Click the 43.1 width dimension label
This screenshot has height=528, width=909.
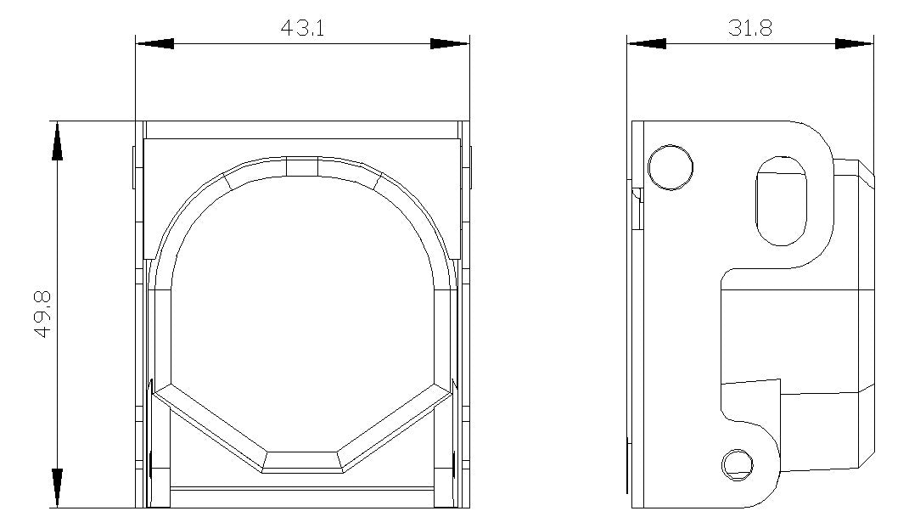pos(302,27)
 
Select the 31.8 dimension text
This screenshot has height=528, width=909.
pos(750,27)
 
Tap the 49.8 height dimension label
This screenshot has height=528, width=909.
pos(43,315)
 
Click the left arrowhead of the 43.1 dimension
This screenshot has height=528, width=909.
pos(154,43)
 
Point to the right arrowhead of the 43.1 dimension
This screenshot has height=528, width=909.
pos(450,43)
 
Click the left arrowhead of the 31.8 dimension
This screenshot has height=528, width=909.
pos(647,43)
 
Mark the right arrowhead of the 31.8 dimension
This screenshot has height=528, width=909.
pos(855,43)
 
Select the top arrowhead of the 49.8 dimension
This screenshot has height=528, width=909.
pos(57,140)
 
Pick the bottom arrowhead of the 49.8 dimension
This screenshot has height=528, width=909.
pos(57,489)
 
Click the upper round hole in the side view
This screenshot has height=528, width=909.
pos(671,167)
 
